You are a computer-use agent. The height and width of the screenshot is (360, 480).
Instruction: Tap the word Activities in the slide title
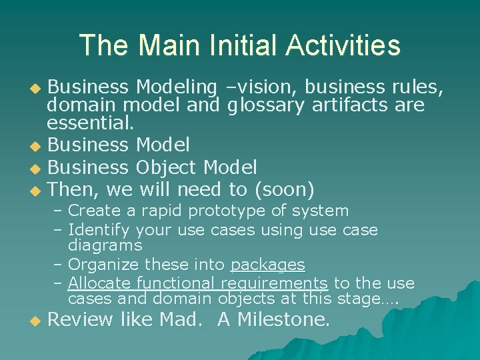point(343,46)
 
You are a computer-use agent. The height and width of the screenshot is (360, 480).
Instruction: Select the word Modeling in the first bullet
point(176,87)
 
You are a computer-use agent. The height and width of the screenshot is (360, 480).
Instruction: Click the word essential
point(90,123)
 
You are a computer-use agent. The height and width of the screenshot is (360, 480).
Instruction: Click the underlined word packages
point(267,265)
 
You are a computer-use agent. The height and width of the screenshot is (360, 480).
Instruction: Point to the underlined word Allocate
point(100,283)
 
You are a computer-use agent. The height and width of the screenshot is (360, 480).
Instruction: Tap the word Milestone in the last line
point(283,320)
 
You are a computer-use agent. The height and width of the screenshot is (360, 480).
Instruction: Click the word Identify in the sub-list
point(99,230)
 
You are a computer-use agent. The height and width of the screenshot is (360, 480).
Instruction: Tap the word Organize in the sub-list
point(102,265)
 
